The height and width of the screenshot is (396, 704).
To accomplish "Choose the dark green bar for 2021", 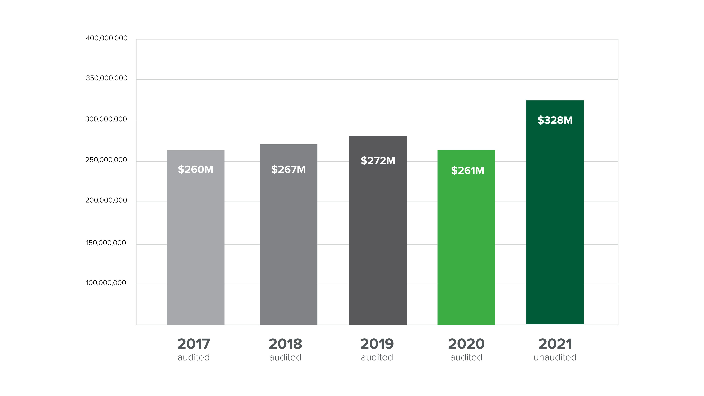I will pyautogui.click(x=555, y=219).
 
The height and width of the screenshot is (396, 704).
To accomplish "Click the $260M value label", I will pyautogui.click(x=195, y=169).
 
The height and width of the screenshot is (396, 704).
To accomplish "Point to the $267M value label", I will pyautogui.click(x=288, y=169).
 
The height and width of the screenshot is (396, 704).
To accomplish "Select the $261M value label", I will pyautogui.click(x=467, y=170).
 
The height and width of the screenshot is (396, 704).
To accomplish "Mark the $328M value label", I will pyautogui.click(x=555, y=120).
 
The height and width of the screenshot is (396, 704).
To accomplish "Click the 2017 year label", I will pyautogui.click(x=194, y=344).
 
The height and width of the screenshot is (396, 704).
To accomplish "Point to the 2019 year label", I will pyautogui.click(x=377, y=344).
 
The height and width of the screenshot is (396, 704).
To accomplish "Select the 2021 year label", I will pyautogui.click(x=555, y=344).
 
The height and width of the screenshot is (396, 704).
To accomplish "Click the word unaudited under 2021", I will pyautogui.click(x=555, y=357).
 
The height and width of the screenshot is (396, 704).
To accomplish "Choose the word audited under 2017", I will pyautogui.click(x=194, y=357).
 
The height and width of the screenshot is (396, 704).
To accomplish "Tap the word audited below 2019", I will pyautogui.click(x=377, y=357).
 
